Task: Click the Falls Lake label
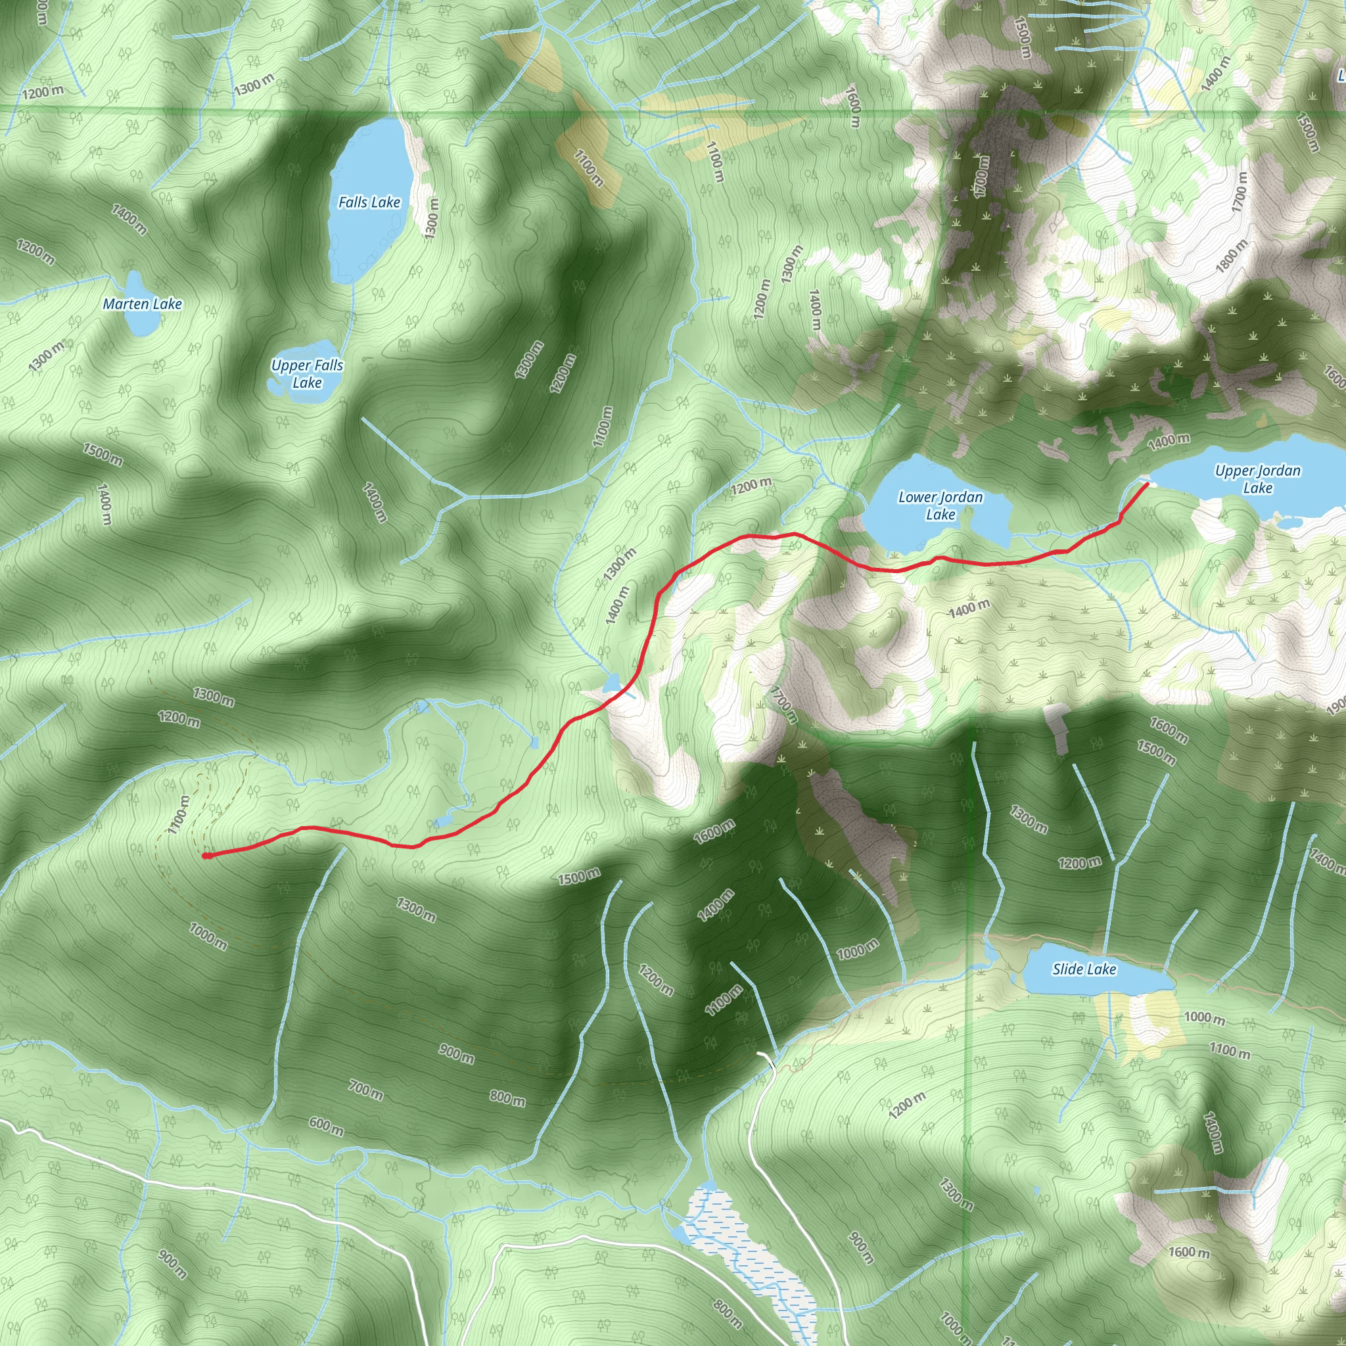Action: (369, 202)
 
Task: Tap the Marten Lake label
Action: (142, 304)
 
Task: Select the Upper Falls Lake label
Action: (307, 373)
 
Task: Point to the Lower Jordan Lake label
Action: (940, 505)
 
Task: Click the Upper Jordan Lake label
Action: (1257, 478)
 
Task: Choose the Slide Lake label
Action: (1084, 969)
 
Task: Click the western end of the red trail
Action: (206, 856)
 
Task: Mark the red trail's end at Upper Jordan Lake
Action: (1147, 484)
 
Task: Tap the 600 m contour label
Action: (325, 1126)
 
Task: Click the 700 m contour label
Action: (366, 1088)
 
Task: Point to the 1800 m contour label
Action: (1232, 256)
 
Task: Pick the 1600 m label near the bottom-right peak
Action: (1188, 1252)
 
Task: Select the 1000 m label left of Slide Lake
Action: (858, 950)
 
